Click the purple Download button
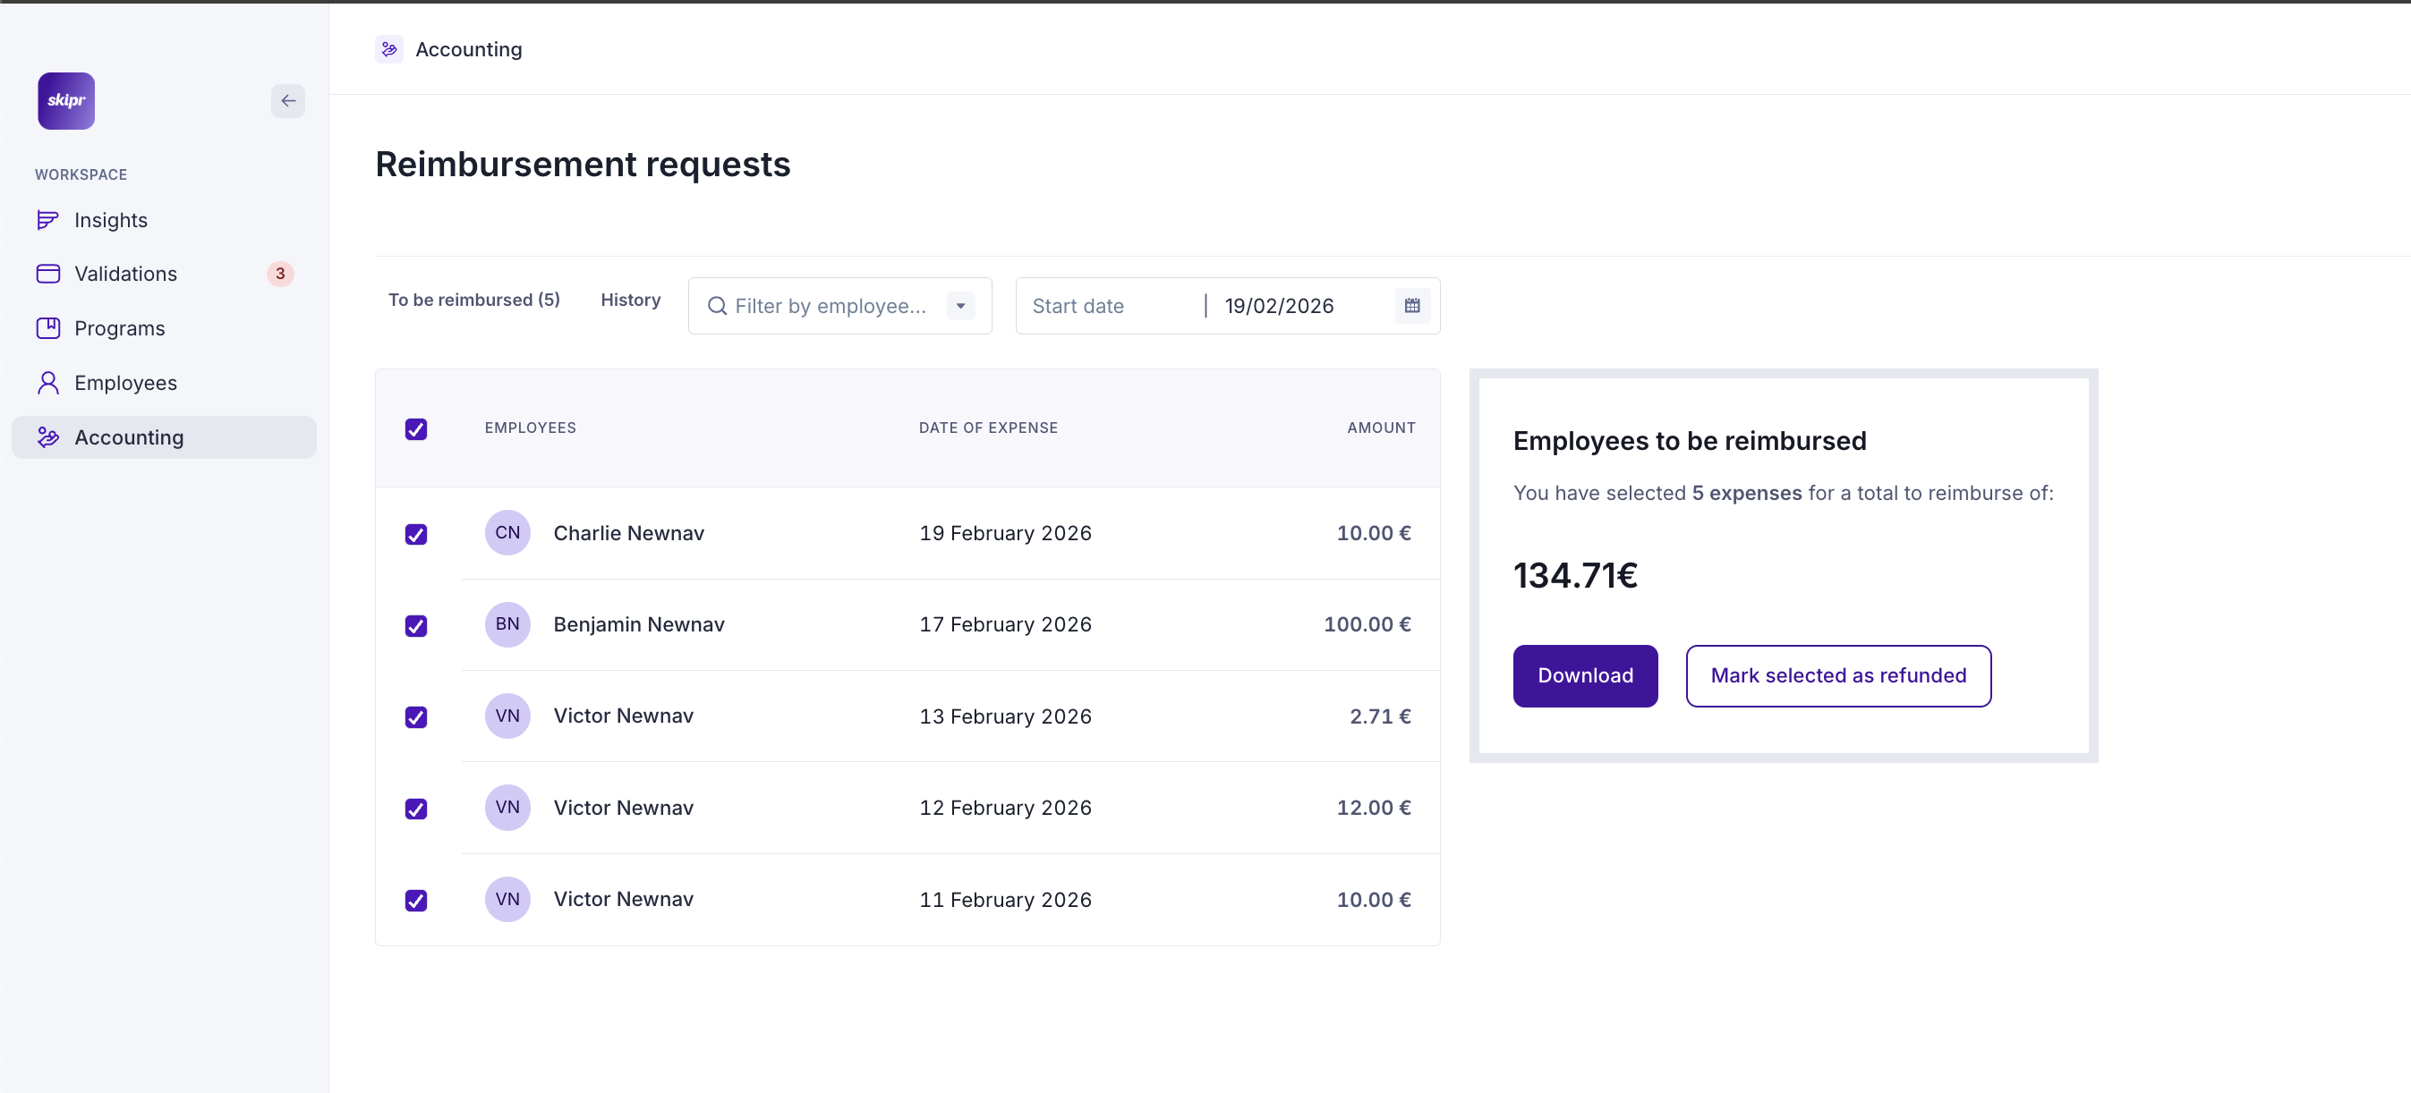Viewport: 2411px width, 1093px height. [x=1585, y=675]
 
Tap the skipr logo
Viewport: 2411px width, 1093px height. [x=66, y=101]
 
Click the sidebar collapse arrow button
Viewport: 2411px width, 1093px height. [x=288, y=101]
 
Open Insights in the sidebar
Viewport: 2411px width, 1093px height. [x=110, y=220]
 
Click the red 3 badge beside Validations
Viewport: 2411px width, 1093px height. [x=280, y=275]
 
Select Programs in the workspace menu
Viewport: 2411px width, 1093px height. [x=119, y=328]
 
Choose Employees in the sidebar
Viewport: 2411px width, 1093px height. [x=125, y=383]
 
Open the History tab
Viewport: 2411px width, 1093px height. [x=630, y=300]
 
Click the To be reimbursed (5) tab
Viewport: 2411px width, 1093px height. [x=473, y=300]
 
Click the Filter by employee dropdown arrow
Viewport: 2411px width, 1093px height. [x=960, y=306]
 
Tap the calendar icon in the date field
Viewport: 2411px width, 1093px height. [x=1411, y=306]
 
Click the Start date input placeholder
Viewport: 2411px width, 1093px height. [x=1078, y=306]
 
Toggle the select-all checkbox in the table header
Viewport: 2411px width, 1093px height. [x=416, y=428]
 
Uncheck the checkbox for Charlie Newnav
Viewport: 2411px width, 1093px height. [x=416, y=534]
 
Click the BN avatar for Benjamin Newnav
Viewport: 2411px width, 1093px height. [x=507, y=624]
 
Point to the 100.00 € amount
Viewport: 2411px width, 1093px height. [x=1367, y=624]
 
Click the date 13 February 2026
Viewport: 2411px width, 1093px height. [x=1005, y=716]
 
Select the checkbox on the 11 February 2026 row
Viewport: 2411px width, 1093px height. [x=416, y=900]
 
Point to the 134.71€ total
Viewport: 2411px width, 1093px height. [x=1575, y=575]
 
